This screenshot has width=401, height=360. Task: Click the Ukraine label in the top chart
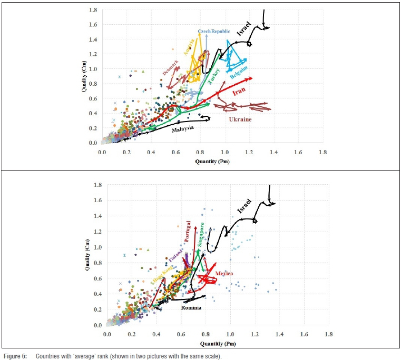[240, 119]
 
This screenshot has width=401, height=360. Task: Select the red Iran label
[239, 93]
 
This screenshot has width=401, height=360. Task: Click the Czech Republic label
[214, 32]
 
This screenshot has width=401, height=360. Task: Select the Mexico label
[224, 273]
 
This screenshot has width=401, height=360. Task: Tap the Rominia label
[191, 307]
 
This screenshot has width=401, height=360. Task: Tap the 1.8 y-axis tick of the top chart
[93, 10]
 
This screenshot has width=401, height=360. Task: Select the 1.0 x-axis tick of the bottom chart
[230, 335]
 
